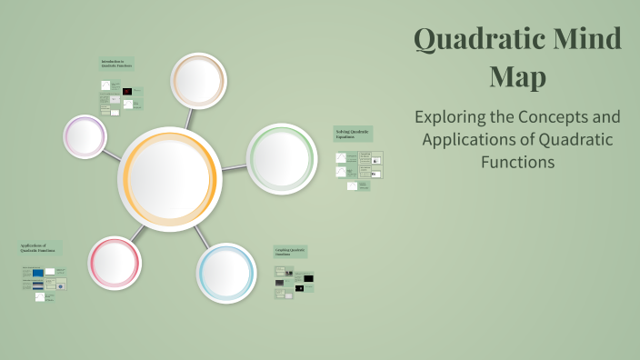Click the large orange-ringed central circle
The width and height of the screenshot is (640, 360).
click(x=170, y=179)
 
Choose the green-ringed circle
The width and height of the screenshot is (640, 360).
click(x=282, y=159)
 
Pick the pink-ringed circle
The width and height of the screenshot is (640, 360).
click(x=115, y=263)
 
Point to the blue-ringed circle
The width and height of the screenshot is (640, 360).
click(x=226, y=272)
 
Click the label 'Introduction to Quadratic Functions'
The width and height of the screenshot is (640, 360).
click(x=117, y=64)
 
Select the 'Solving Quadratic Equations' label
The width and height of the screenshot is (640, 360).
click(x=352, y=134)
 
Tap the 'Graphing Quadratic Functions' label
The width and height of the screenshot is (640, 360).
click(x=291, y=252)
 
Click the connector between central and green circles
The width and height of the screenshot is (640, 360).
click(x=235, y=168)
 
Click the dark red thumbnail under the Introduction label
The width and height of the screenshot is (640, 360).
click(x=127, y=92)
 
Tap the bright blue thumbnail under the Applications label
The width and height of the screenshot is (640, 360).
click(x=37, y=272)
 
